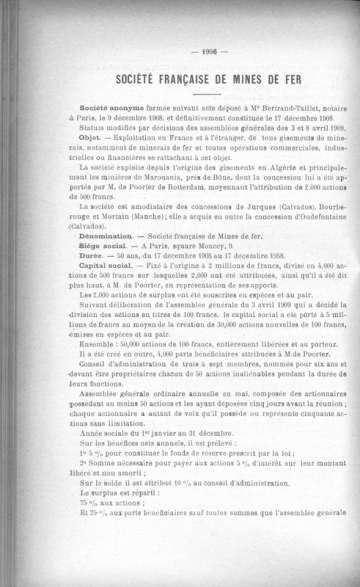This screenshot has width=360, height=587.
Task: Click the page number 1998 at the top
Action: [x=181, y=52]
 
